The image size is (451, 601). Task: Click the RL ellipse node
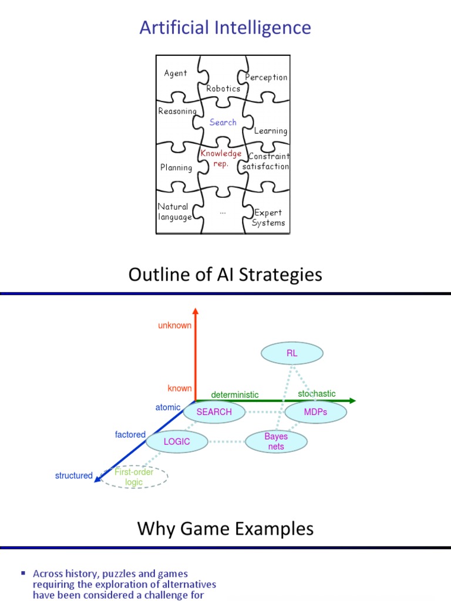tap(292, 353)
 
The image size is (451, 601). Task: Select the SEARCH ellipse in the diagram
tap(214, 412)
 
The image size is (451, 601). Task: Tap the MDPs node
tap(315, 412)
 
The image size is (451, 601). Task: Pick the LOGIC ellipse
tap(177, 441)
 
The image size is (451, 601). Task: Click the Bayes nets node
tap(275, 441)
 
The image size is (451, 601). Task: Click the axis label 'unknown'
tap(174, 325)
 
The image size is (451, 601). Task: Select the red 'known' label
tap(180, 388)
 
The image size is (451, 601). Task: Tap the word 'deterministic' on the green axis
tap(235, 394)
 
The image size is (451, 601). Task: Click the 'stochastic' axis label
tap(317, 393)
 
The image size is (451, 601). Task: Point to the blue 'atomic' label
tap(168, 407)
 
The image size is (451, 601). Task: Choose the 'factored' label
tap(130, 435)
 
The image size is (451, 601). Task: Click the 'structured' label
tap(73, 475)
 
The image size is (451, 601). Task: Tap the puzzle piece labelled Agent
tap(176, 73)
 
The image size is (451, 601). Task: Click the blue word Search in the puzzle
tap(223, 122)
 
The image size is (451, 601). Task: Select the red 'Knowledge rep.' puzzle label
tap(221, 158)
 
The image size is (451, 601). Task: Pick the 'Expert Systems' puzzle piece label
tap(268, 218)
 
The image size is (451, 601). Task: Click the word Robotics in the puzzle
tap(223, 89)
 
